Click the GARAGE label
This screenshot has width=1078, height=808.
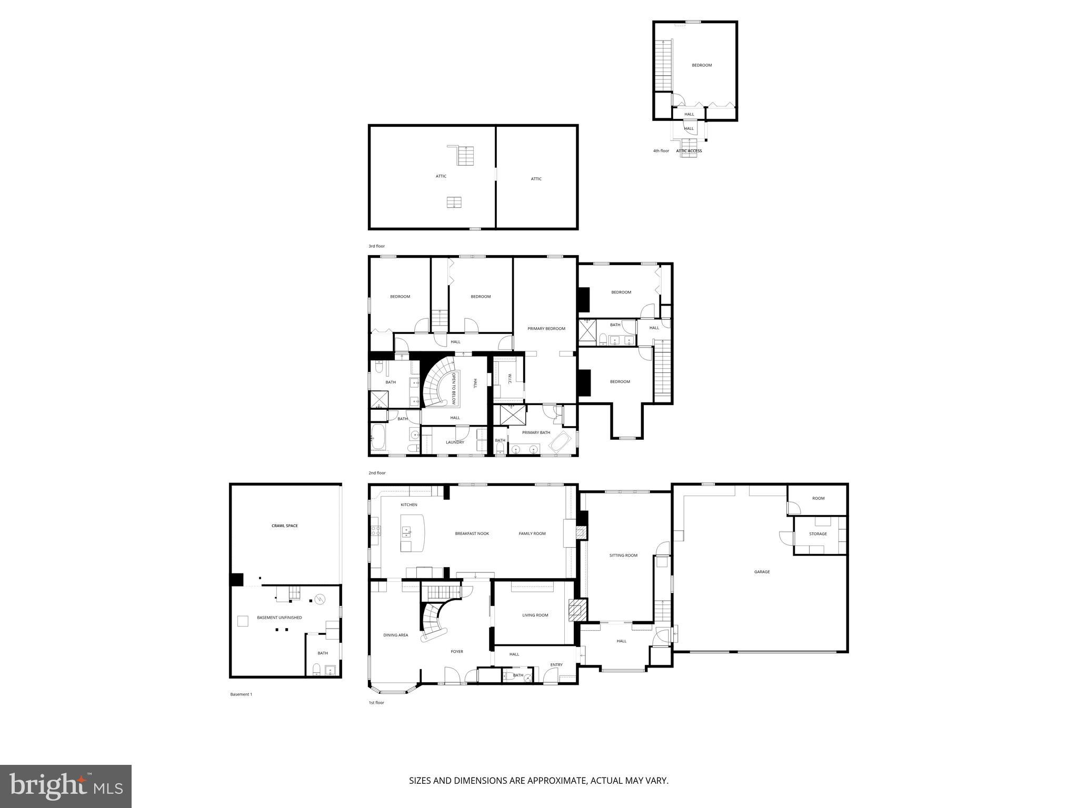coord(762,572)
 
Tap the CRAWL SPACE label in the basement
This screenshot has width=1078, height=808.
coord(284,526)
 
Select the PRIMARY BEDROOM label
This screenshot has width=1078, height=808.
coord(546,329)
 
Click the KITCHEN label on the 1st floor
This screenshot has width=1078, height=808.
coord(409,505)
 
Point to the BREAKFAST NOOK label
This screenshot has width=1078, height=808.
coord(472,533)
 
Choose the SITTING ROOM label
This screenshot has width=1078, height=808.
coord(623,555)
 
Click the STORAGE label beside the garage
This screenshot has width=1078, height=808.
coord(818,534)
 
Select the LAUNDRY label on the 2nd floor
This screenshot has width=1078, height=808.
coord(455,442)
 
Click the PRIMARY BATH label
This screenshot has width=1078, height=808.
coord(536,433)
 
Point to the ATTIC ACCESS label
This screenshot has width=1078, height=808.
coord(689,151)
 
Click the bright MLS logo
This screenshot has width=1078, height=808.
coord(66,786)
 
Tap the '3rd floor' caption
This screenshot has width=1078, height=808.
coord(376,246)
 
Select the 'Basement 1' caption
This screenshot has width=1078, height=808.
coord(241,694)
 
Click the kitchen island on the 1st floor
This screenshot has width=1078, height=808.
coord(412,532)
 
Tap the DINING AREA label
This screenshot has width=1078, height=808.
coord(395,635)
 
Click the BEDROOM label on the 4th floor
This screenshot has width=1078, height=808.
coord(701,65)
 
